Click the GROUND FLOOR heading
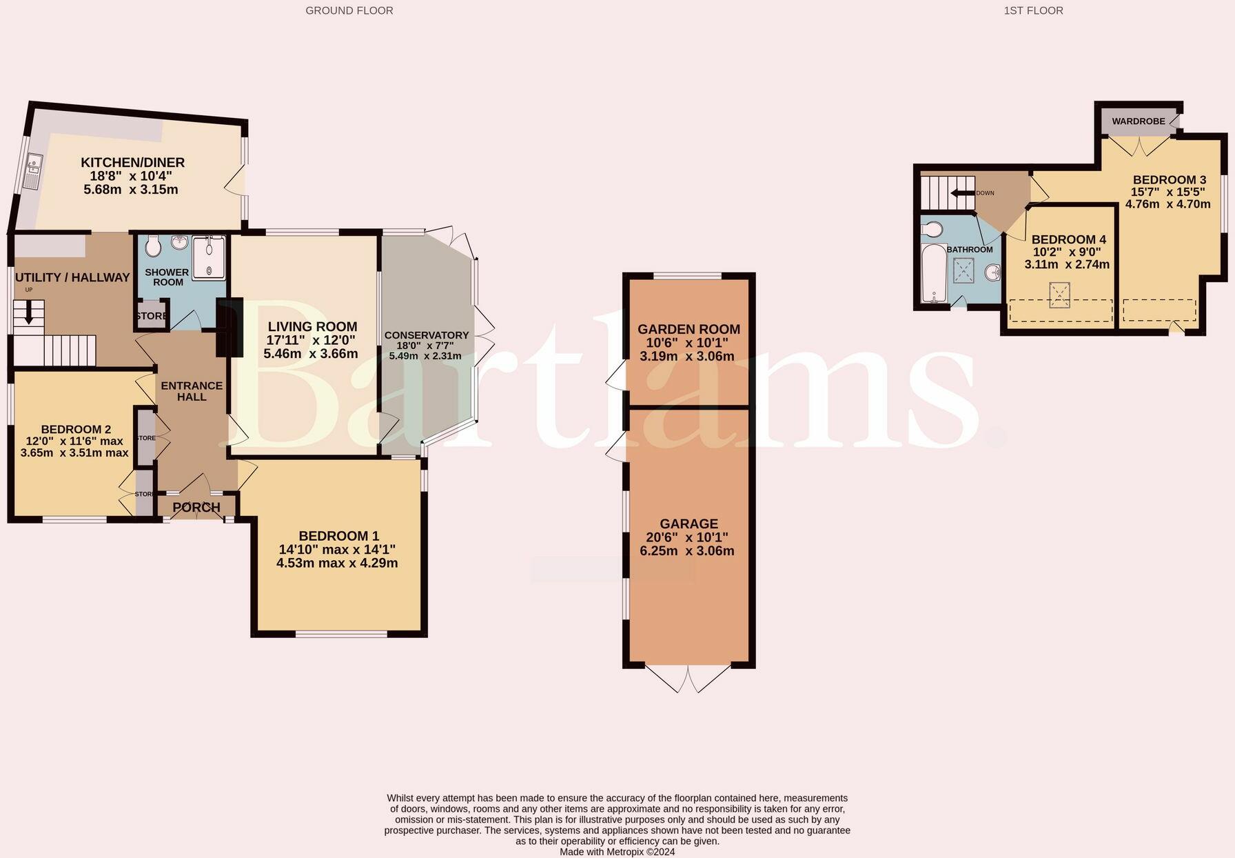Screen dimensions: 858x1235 coord(349,10)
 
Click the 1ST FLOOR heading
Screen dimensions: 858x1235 coord(1033,10)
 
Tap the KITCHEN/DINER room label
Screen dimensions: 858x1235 coord(133,163)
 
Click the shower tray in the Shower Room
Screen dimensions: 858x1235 coord(209,258)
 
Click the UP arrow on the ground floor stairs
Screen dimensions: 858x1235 coord(28,314)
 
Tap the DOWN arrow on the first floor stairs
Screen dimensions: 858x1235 coord(963,193)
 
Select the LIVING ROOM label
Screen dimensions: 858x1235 coord(312,327)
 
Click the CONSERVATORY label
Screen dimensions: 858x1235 coord(426,335)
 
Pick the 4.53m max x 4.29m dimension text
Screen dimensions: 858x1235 coord(337,563)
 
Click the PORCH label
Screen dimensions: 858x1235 coord(196,508)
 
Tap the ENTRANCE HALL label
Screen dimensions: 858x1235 coord(192,391)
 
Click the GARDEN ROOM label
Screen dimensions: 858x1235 coord(688,330)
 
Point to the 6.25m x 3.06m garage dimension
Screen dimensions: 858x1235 coord(688,551)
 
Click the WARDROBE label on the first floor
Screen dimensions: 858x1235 coord(1138,121)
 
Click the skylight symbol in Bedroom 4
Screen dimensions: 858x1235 coord(1059,295)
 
